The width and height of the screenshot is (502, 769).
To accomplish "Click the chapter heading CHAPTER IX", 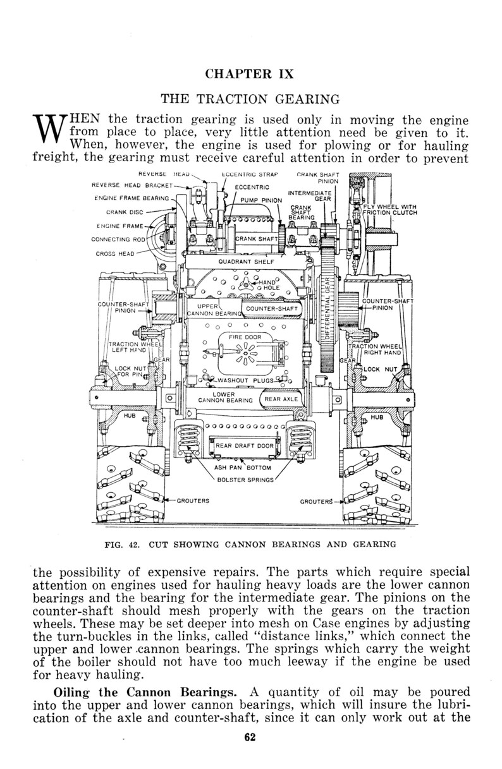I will [250, 74].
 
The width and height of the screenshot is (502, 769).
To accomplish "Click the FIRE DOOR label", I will [245, 337].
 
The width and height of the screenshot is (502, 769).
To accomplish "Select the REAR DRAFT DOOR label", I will [244, 445].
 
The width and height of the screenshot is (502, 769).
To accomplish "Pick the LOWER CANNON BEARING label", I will [225, 397].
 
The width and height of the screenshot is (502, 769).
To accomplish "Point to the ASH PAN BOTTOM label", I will [243, 468].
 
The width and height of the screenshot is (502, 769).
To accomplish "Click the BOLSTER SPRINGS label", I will [243, 479].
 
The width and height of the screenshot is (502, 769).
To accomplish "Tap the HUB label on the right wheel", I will [377, 418].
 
